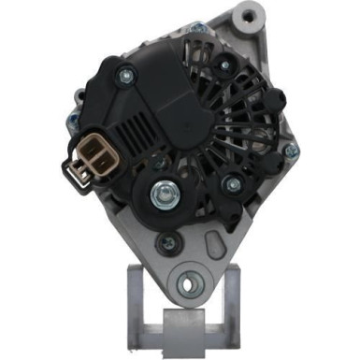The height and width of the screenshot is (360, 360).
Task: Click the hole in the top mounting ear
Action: point(249,17)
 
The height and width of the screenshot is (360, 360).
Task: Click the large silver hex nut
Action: point(166,194)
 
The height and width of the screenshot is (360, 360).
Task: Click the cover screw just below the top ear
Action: point(225,64)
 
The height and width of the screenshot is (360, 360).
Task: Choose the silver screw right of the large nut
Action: point(229,183)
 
